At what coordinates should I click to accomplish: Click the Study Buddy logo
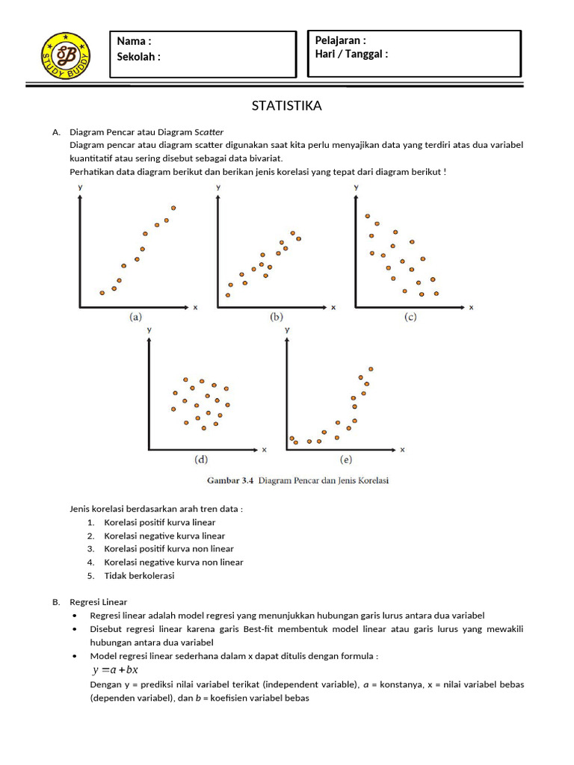(67, 56)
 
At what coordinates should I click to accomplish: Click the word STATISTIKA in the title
(287, 106)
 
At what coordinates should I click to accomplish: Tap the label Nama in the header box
(134, 41)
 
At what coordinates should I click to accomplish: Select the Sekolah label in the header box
(139, 57)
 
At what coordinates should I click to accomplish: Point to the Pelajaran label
(341, 40)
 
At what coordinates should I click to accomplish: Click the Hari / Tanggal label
(351, 54)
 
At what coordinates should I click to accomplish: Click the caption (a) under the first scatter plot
(135, 317)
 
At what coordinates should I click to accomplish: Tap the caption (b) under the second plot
(277, 317)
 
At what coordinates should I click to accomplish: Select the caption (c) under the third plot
(410, 317)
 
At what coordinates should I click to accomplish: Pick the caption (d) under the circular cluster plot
(200, 459)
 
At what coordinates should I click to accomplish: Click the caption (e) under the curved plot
(345, 459)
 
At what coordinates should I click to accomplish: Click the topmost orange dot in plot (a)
(173, 208)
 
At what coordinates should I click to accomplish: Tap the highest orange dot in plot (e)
(370, 368)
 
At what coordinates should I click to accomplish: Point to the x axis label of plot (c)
(472, 307)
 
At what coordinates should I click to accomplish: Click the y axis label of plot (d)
(149, 329)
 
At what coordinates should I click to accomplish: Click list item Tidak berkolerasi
(140, 575)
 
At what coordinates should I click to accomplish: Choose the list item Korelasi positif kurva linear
(160, 522)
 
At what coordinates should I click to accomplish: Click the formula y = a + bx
(115, 669)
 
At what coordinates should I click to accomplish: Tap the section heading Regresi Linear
(99, 601)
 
